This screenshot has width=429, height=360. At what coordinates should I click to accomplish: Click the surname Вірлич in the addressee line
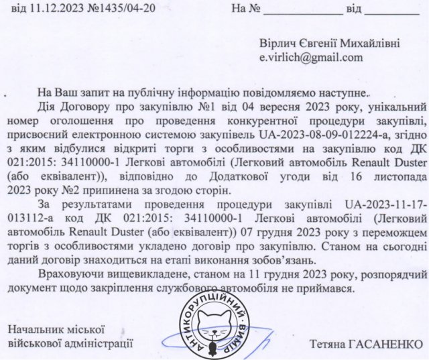[280, 44]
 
